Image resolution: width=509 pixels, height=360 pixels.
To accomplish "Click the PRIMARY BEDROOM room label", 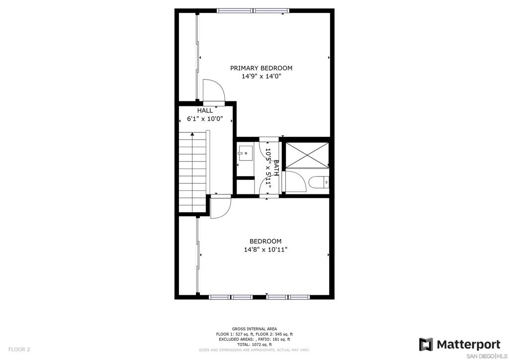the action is click(x=261, y=68).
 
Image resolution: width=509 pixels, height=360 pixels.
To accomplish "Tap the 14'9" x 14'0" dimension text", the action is click(x=261, y=77).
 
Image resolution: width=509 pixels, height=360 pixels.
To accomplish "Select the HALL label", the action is click(x=205, y=111).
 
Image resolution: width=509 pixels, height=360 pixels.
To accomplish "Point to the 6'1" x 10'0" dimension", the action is click(x=205, y=119).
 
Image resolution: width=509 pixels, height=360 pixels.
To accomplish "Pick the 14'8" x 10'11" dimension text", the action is click(x=265, y=250).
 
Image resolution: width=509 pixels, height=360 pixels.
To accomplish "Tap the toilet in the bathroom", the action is click(x=319, y=182).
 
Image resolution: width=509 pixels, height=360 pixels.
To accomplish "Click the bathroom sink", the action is click(x=245, y=153).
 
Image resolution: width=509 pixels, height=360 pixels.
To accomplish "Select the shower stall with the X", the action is click(x=307, y=155).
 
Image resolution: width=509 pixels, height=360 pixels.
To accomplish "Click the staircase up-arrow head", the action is click(x=192, y=134).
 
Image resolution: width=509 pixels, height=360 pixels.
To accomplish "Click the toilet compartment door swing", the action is click(x=295, y=182).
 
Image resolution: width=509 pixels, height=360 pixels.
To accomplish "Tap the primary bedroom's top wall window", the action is click(x=253, y=11).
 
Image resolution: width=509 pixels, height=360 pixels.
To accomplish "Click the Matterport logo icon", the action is click(x=425, y=345).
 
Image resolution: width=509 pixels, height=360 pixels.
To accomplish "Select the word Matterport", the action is click(x=468, y=345).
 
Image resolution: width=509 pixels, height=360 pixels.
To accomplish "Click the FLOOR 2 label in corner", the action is click(x=19, y=350).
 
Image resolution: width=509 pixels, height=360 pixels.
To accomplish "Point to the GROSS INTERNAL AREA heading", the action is click(x=254, y=329).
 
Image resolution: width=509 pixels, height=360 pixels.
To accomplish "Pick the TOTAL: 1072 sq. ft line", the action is click(x=254, y=345).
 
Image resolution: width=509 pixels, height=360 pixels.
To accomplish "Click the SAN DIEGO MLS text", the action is click(x=487, y=356).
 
